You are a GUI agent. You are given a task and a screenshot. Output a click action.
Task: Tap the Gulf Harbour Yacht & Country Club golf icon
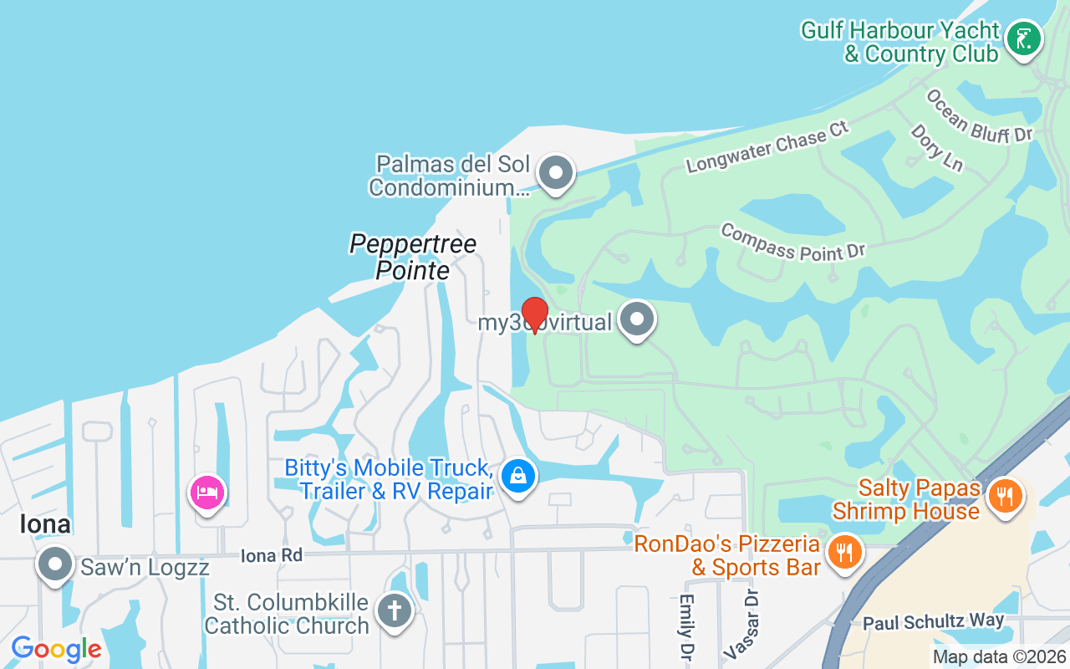(x=1023, y=38)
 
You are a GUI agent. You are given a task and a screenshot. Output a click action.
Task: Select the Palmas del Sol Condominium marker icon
(x=555, y=173)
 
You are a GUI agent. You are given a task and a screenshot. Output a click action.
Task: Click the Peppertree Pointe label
(x=413, y=257)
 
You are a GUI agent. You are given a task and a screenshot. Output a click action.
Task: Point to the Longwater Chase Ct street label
(x=767, y=146)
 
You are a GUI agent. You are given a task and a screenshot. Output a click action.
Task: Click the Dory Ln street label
(x=936, y=148)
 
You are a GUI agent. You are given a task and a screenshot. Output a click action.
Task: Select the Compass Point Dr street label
(x=792, y=242)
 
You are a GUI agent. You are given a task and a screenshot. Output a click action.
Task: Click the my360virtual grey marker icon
(x=637, y=319)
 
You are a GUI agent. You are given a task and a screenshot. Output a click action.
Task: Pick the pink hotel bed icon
(x=206, y=493)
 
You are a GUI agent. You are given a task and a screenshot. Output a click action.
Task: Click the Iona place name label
(x=45, y=524)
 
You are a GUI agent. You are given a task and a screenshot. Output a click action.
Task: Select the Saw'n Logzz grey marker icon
(x=55, y=564)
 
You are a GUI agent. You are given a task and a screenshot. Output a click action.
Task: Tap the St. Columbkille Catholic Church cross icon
(x=394, y=610)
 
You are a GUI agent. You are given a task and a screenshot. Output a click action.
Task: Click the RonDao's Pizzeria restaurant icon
(x=844, y=552)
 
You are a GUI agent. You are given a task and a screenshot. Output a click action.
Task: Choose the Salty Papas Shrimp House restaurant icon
(x=1006, y=495)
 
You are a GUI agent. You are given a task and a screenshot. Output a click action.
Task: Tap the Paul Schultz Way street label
(x=933, y=621)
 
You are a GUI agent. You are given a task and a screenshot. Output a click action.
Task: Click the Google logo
(x=56, y=649)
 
